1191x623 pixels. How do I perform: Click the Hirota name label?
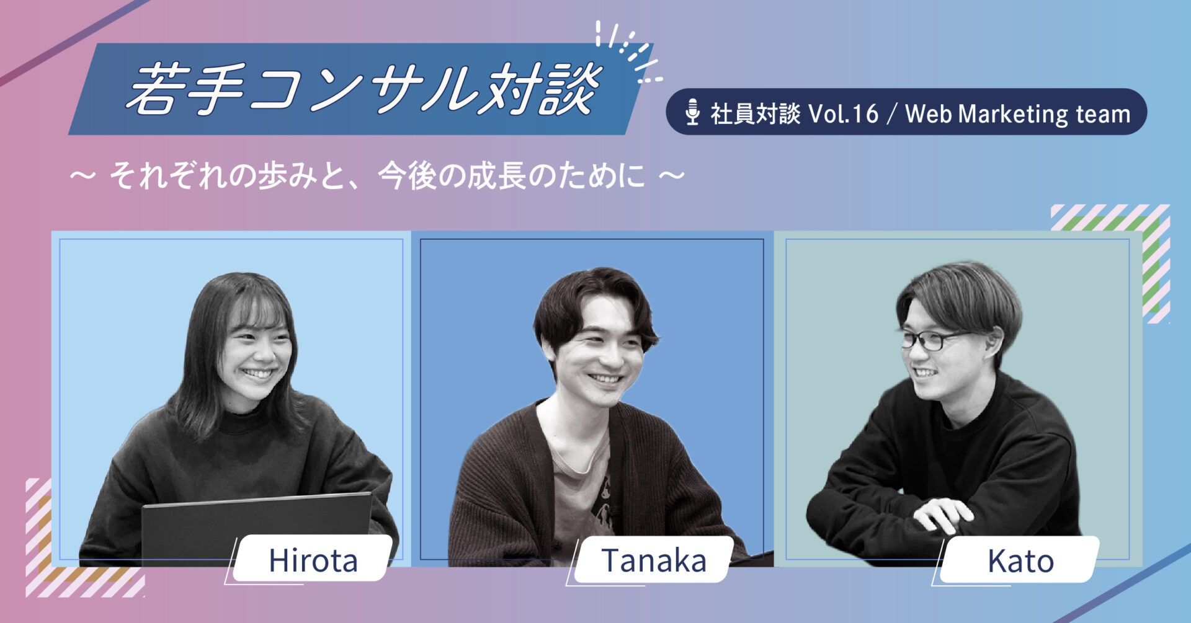(313, 560)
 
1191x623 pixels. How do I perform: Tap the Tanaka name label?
(654, 560)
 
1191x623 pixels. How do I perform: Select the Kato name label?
(1020, 560)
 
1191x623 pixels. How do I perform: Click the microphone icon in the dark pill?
(692, 112)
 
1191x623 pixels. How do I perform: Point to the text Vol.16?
(844, 113)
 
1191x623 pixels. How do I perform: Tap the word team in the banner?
(1103, 114)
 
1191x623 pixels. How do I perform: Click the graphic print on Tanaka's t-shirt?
(600, 496)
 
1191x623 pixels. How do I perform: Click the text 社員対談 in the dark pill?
(755, 113)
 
